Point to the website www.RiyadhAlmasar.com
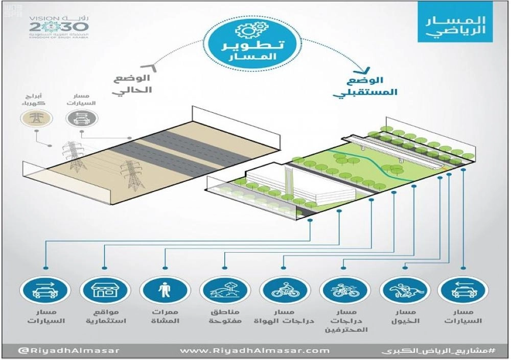click(255, 350)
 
